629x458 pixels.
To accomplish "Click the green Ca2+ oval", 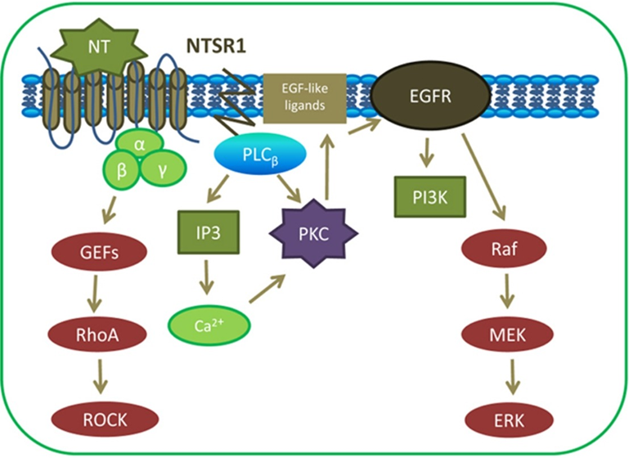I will coord(209,326).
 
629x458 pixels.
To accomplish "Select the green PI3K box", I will coord(426,196).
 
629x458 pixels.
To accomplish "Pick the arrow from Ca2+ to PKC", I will coord(267,290).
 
